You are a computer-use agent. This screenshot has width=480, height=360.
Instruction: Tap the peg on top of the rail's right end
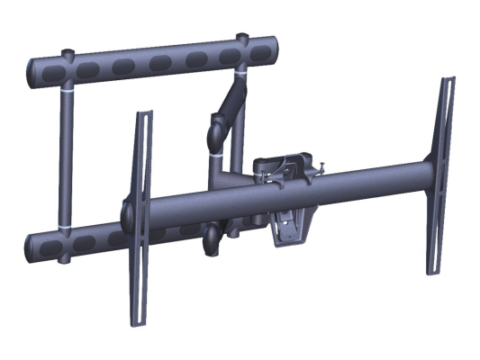pos(242,37)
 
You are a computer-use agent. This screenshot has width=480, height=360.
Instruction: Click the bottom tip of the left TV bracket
pos(135,319)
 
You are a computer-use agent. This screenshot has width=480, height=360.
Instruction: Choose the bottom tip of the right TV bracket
pos(431,271)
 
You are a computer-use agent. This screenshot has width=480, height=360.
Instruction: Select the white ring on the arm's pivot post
pos(215,155)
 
